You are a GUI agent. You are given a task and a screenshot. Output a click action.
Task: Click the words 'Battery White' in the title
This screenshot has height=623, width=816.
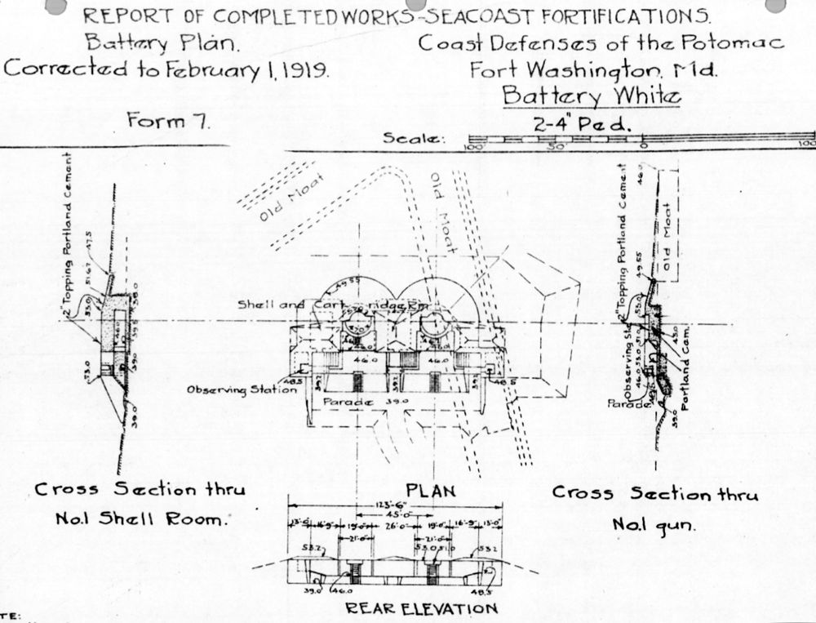click(x=590, y=96)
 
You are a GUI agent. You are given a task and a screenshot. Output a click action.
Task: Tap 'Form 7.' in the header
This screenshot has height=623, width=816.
click(x=169, y=121)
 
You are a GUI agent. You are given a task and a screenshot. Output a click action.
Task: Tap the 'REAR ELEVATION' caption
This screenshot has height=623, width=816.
click(x=421, y=608)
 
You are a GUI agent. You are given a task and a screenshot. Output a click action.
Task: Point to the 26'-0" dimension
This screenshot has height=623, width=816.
click(x=389, y=527)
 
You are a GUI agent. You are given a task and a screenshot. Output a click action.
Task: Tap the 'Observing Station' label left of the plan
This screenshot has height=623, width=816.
click(x=242, y=390)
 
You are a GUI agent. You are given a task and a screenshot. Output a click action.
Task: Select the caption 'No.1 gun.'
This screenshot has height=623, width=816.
click(x=654, y=525)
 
